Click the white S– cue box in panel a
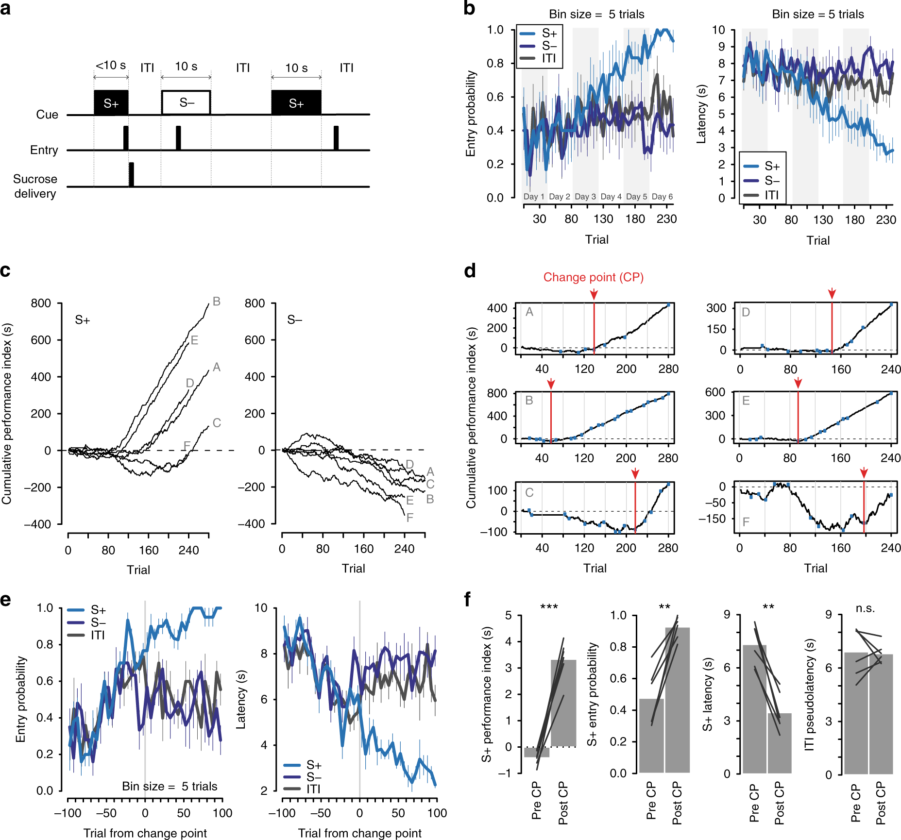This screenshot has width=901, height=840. [186, 102]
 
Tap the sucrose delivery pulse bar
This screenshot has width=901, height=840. [131, 174]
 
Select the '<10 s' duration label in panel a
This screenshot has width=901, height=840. [111, 66]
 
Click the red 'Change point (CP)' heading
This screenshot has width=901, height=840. [593, 277]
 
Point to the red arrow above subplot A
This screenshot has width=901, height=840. [594, 294]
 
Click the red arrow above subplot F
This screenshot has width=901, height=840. [864, 473]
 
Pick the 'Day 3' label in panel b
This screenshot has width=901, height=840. [585, 197]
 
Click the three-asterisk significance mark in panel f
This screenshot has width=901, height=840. [549, 607]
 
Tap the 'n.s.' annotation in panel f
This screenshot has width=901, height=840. [865, 608]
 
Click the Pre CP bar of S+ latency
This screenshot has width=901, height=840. [754, 709]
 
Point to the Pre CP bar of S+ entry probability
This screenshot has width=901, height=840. [651, 736]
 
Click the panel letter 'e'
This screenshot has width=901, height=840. [5, 600]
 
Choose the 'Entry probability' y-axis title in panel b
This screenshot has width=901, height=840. [471, 114]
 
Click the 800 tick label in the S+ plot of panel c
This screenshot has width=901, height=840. [41, 303]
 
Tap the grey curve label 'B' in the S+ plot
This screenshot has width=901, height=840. [217, 302]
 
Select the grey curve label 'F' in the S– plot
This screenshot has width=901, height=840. [410, 518]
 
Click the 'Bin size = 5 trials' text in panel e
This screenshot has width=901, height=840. [170, 786]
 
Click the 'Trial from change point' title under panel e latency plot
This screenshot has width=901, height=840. [359, 833]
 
